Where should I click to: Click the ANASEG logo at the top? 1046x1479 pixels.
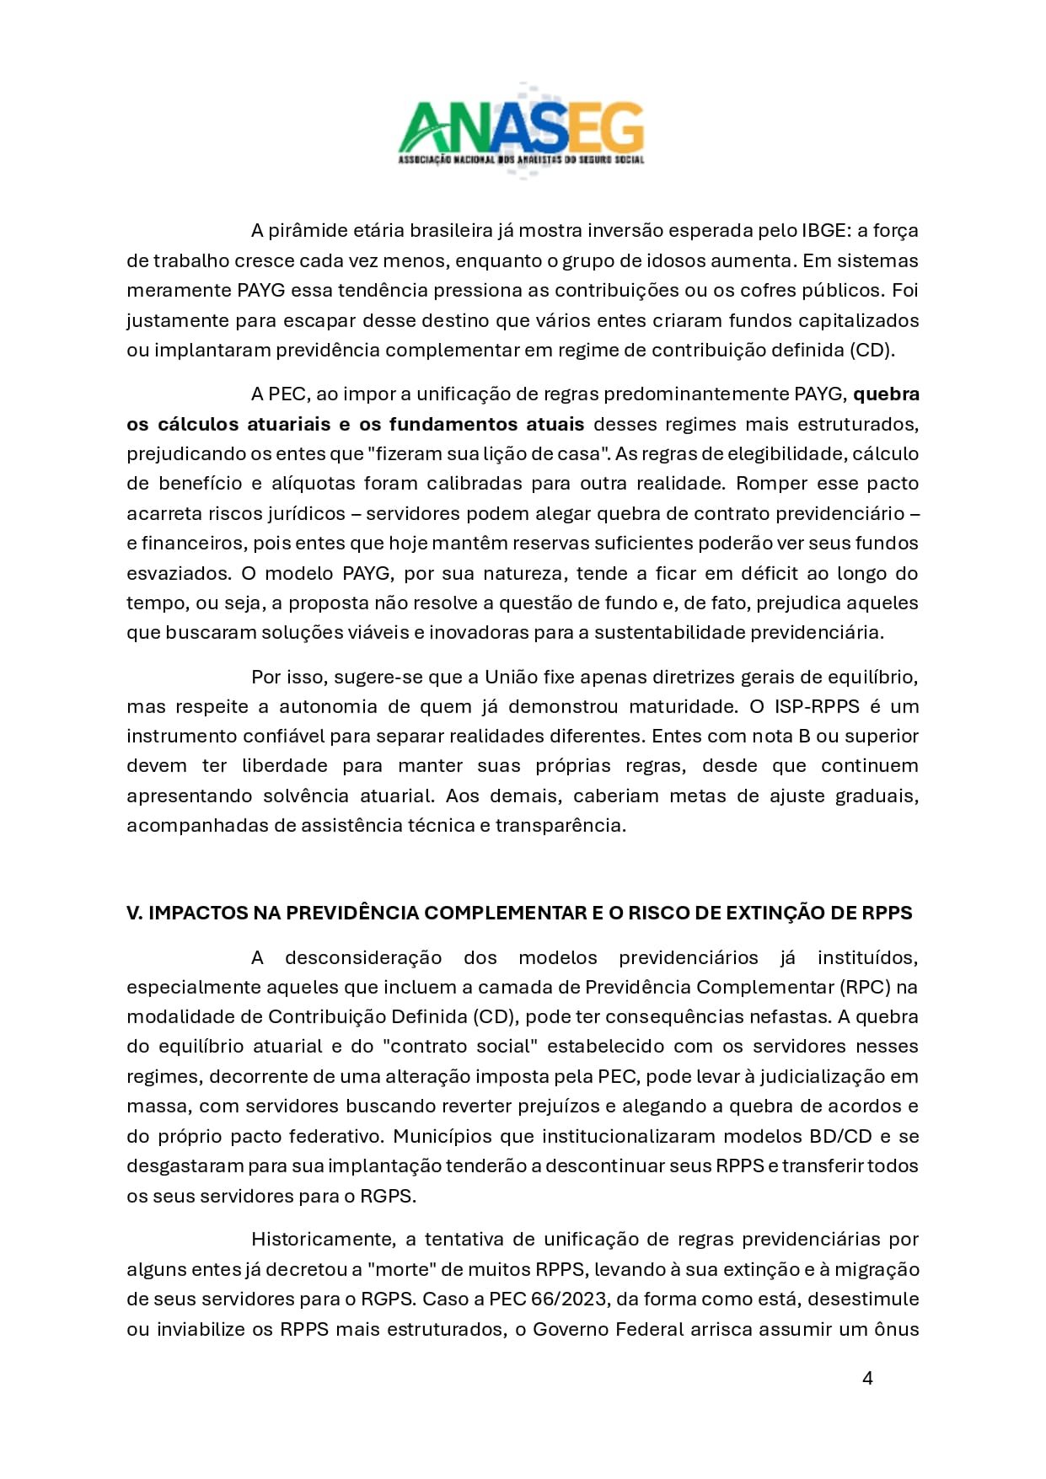(521, 131)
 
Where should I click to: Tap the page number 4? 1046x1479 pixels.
(867, 1378)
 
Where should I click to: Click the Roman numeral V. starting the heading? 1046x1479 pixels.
(134, 913)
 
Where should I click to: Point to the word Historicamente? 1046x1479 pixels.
(321, 1239)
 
